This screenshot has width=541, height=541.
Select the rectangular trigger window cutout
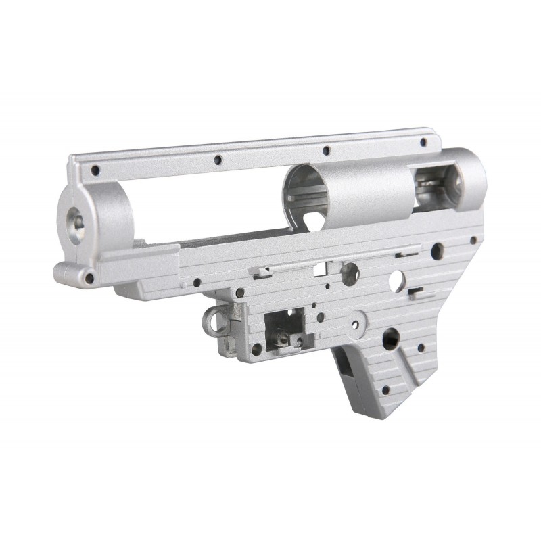(x=280, y=325)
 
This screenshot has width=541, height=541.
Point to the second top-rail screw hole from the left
(x=218, y=160)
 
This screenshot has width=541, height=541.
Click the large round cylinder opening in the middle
(x=307, y=185)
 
